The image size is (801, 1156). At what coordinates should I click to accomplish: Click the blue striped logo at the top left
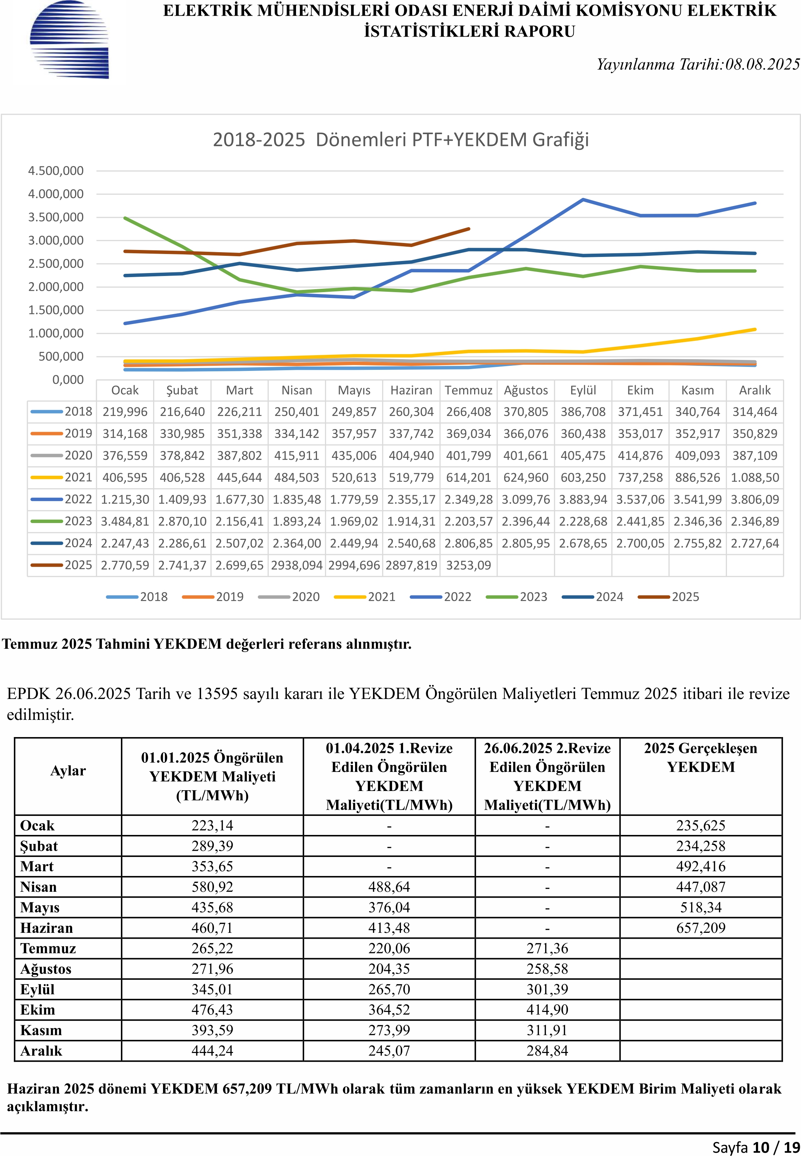[69, 40]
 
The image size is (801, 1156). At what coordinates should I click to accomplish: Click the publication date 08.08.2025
[763, 64]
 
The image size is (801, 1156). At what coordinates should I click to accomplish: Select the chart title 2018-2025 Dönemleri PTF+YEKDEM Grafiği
[400, 140]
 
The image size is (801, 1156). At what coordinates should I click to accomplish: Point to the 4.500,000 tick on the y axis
[56, 171]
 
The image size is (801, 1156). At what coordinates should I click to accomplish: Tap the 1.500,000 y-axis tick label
[56, 310]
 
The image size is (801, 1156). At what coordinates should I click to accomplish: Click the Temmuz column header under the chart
[468, 390]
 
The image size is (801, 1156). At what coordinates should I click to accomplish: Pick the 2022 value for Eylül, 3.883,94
[583, 500]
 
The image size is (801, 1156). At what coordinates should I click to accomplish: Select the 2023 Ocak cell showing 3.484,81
[125, 522]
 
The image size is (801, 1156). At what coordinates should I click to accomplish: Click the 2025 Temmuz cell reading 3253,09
[468, 565]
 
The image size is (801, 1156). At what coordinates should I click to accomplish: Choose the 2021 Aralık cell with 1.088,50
[755, 477]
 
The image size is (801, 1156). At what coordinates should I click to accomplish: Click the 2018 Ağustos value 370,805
[526, 412]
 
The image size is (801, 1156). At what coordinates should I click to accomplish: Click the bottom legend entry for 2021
[365, 597]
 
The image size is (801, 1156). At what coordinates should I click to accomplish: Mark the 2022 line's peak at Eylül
[583, 200]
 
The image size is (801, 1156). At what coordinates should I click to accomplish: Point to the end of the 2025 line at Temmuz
[469, 229]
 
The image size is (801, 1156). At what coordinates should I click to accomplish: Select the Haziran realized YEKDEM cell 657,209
[701, 928]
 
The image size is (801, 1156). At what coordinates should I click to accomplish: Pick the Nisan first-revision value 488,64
[389, 887]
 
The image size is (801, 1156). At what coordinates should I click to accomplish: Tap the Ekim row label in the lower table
[38, 1010]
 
